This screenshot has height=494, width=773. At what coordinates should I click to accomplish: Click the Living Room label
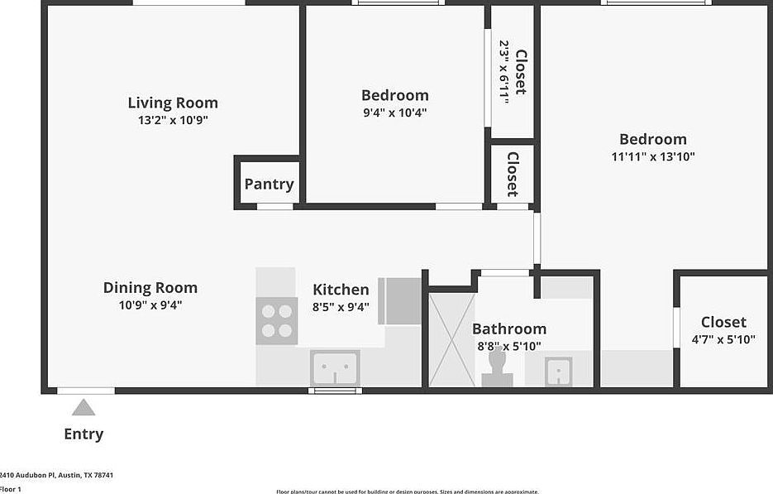click(x=173, y=103)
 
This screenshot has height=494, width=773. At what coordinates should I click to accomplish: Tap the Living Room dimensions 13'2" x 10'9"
click(x=173, y=120)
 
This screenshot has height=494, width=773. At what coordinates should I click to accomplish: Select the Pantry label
click(x=269, y=184)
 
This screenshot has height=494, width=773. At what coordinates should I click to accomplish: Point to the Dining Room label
click(x=150, y=288)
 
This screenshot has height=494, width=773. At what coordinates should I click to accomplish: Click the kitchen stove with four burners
click(x=276, y=321)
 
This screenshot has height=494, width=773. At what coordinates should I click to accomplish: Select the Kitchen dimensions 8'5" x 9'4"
click(x=341, y=306)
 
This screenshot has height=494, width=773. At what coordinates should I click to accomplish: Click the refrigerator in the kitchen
click(x=400, y=301)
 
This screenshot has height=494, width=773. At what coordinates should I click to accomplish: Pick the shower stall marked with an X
click(x=452, y=339)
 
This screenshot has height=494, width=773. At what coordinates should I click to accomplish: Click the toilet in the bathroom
click(x=498, y=369)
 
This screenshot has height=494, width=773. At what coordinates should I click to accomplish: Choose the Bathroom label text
click(x=509, y=329)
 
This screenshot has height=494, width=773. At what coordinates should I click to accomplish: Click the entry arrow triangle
click(x=83, y=407)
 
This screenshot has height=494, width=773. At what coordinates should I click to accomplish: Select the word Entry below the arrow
click(x=84, y=434)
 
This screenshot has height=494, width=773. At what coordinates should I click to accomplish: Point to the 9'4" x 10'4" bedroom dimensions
click(x=394, y=113)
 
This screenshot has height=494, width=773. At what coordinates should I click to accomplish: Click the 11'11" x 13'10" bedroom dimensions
click(x=653, y=156)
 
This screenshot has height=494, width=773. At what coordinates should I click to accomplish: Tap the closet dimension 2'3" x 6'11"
click(x=503, y=72)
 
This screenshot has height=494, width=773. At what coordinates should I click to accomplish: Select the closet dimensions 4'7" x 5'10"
click(x=723, y=339)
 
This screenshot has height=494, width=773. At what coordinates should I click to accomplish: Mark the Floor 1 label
click(x=10, y=489)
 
